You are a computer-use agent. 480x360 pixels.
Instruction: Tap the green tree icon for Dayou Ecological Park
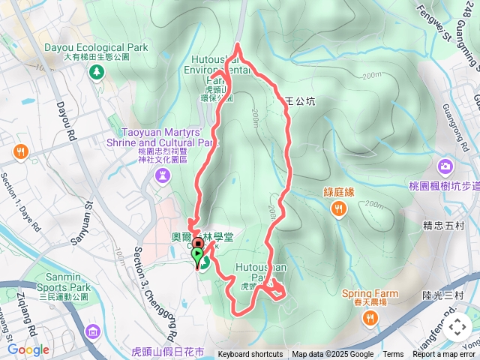96,72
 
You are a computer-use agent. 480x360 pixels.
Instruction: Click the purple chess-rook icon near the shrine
162,175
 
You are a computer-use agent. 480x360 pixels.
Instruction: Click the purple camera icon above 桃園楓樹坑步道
446,166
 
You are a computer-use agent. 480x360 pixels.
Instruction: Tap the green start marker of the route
198,259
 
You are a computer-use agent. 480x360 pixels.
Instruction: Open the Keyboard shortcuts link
250,355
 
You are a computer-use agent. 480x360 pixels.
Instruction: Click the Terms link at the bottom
393,355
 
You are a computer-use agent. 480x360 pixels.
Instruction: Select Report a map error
445,355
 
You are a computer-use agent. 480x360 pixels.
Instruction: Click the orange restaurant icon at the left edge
20,153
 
